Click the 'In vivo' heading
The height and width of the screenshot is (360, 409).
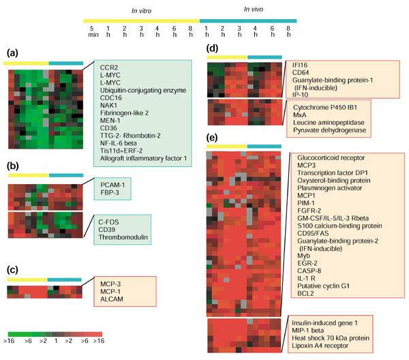click(x=258, y=9)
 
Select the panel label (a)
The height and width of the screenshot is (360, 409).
click(x=14, y=53)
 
